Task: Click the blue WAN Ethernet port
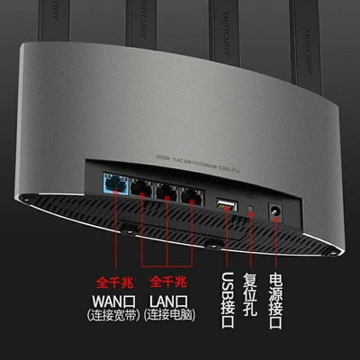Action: pos(114,185)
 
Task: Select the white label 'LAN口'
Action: pos(171,297)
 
